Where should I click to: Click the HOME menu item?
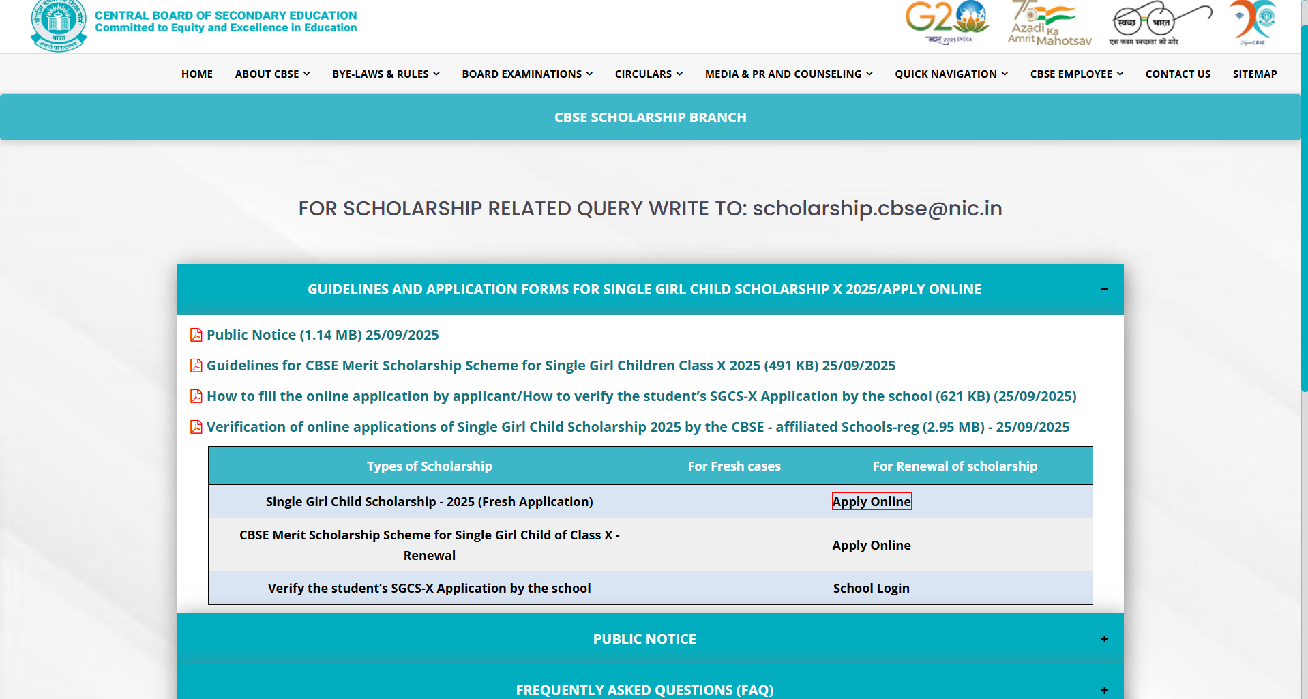[196, 74]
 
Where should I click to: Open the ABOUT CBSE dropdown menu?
[272, 74]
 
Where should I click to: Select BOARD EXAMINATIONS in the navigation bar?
[526, 74]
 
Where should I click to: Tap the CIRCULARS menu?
[648, 74]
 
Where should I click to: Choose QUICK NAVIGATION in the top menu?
[951, 74]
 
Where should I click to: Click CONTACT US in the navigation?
[1178, 74]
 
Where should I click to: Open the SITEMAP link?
[1254, 74]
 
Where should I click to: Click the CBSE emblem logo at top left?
[59, 25]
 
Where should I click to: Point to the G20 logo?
[947, 20]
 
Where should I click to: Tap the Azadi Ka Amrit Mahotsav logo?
[1049, 23]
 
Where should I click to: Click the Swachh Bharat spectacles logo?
[1160, 23]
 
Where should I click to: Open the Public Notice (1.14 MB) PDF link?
[323, 335]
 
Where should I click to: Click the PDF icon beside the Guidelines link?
[196, 366]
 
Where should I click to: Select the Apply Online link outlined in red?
[871, 501]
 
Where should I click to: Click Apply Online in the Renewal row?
[871, 545]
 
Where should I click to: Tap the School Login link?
[871, 588]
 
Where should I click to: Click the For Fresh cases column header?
[734, 466]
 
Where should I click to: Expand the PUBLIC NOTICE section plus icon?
[1104, 639]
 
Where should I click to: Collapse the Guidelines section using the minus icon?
[1104, 289]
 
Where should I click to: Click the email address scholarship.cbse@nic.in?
[877, 209]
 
